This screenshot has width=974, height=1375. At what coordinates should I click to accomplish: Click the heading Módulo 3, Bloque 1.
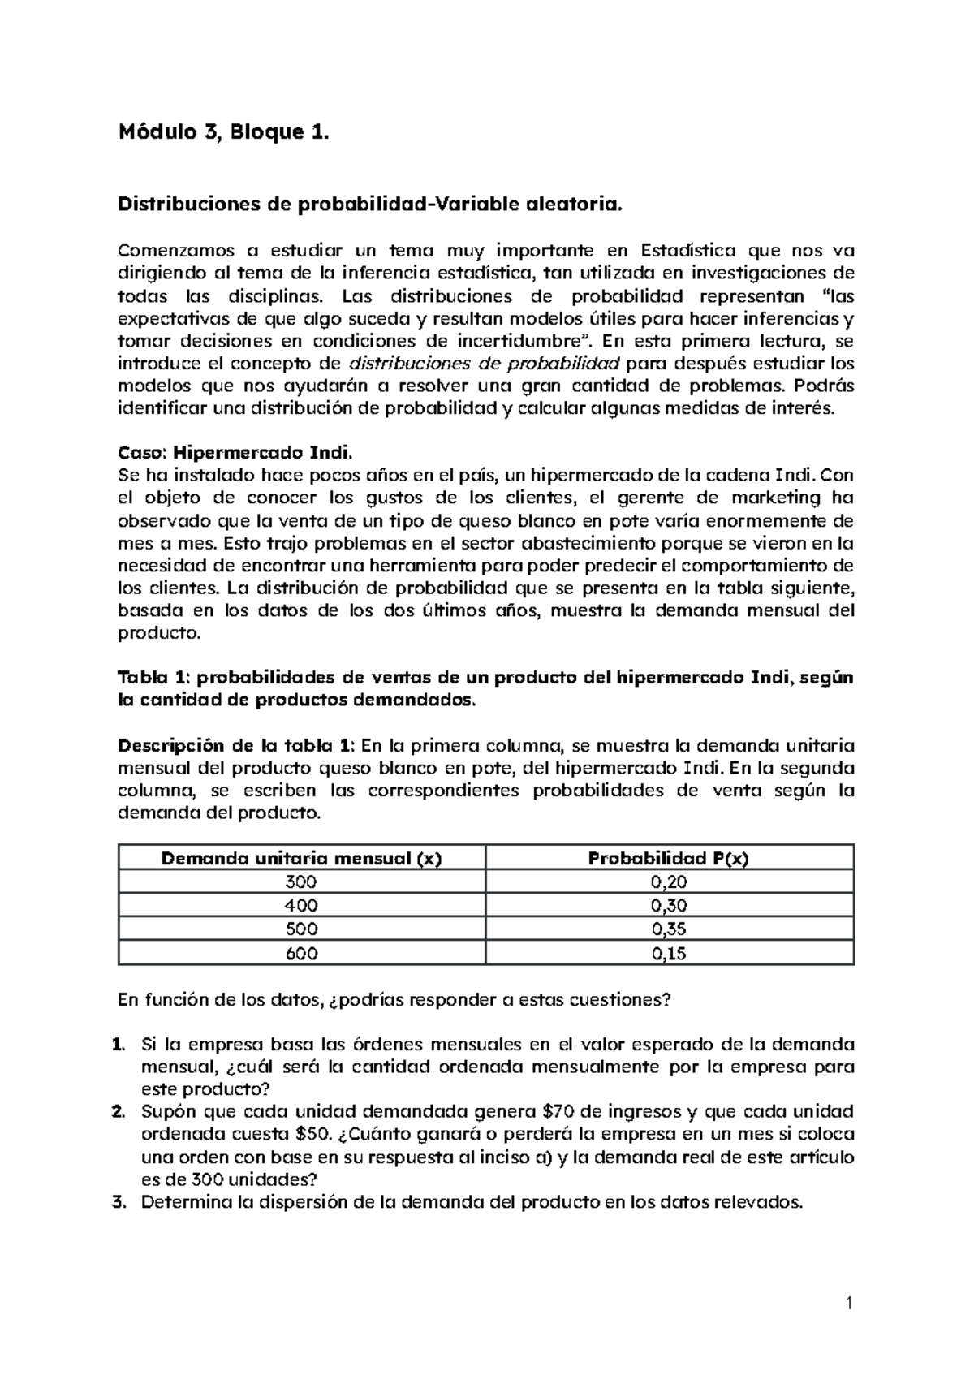click(x=224, y=131)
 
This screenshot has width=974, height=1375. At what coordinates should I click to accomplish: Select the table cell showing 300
click(x=302, y=882)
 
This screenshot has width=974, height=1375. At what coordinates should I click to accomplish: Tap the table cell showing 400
click(x=302, y=906)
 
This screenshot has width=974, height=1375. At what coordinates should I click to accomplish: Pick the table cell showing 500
click(x=302, y=929)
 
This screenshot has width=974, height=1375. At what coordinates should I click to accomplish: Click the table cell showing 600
click(x=302, y=954)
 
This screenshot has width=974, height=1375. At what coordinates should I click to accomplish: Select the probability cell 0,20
click(x=669, y=882)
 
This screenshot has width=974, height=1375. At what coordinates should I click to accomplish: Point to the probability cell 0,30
click(x=669, y=906)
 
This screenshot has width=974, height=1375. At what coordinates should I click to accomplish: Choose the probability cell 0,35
click(x=669, y=929)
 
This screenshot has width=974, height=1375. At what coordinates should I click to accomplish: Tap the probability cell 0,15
click(x=669, y=954)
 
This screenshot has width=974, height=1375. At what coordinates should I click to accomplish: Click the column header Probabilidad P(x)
click(x=669, y=858)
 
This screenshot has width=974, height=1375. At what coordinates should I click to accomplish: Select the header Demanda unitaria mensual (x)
click(x=302, y=858)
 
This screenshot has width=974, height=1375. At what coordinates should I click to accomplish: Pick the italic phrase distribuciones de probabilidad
click(x=484, y=363)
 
